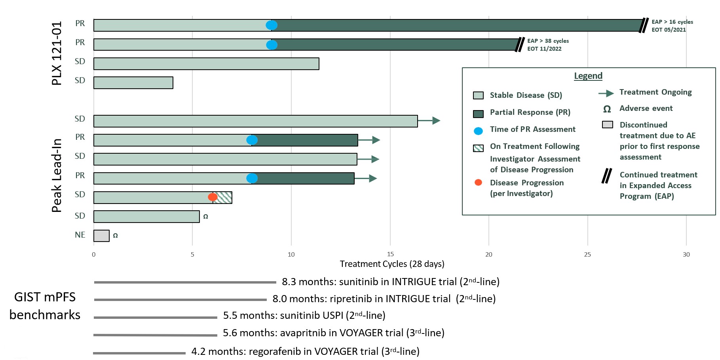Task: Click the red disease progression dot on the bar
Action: coord(213,197)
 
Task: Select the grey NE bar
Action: coord(101,236)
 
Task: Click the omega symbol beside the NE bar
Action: coord(115,236)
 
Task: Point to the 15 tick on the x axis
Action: coord(390,254)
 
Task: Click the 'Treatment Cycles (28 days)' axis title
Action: coord(392,264)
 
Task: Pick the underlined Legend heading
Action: coord(588,76)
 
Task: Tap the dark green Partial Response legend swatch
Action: coord(478,114)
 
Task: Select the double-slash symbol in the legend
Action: coord(606,176)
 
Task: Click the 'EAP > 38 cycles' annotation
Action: coord(548,41)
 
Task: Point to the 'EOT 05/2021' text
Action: coord(669,30)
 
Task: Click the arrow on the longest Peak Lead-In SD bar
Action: coord(430,120)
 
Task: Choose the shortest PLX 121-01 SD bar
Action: coord(133,83)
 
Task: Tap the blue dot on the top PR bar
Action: coord(272,25)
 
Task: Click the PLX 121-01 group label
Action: coord(57,53)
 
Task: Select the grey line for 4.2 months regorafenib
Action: coord(139,353)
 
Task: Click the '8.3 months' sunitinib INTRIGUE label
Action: coord(390,282)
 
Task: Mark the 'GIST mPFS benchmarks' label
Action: coord(45,306)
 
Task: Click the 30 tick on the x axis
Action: coord(686,254)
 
